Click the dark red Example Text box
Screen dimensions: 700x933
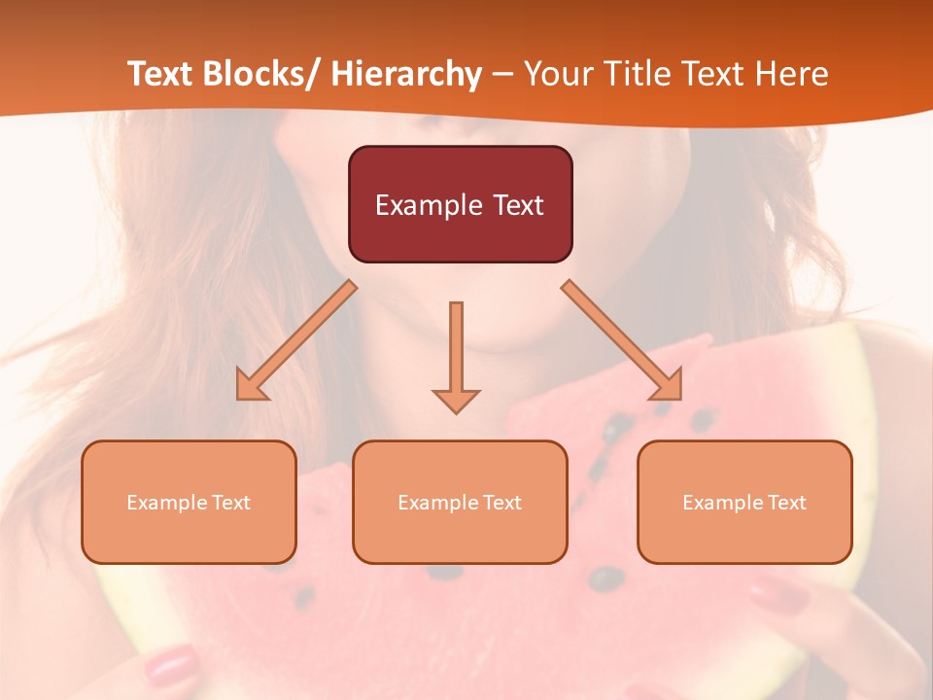click(460, 204)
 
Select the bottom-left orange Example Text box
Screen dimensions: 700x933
click(189, 502)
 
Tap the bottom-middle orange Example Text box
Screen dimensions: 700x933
click(460, 502)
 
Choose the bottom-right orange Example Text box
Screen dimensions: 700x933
click(744, 502)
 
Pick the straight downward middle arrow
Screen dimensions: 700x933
click(456, 356)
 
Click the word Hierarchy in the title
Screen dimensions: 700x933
click(406, 74)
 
